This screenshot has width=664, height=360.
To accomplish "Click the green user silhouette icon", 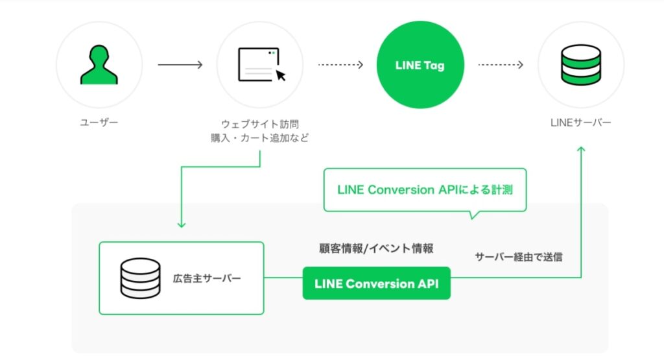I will [x=99, y=65].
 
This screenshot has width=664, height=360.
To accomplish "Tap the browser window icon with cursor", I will [x=261, y=65].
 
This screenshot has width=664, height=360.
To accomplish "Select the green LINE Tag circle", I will [x=420, y=65].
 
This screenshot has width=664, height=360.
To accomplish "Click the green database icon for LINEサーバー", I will [x=581, y=65].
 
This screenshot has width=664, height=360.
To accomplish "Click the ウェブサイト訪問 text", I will [x=260, y=123].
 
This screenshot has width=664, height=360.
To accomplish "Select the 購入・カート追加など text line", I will [x=259, y=138].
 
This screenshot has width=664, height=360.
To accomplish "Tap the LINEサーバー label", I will [x=581, y=122].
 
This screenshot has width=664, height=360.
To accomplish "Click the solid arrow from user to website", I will [x=180, y=65].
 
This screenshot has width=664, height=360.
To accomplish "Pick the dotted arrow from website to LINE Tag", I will [x=340, y=65].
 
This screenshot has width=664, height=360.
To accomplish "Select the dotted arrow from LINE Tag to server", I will [x=501, y=65].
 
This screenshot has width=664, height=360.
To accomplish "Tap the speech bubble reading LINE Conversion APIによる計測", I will [x=425, y=190].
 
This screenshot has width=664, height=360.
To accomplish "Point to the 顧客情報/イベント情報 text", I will [x=376, y=248].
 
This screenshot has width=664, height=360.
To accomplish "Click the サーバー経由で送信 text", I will [x=519, y=257].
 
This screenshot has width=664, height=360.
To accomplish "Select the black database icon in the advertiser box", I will [x=140, y=278].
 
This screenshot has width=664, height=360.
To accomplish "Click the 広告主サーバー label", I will [x=207, y=278].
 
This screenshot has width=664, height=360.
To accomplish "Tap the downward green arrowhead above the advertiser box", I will [x=182, y=224].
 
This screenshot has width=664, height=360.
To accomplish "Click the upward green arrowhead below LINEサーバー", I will [x=581, y=150].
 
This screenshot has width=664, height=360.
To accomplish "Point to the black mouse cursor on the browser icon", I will [x=281, y=75].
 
